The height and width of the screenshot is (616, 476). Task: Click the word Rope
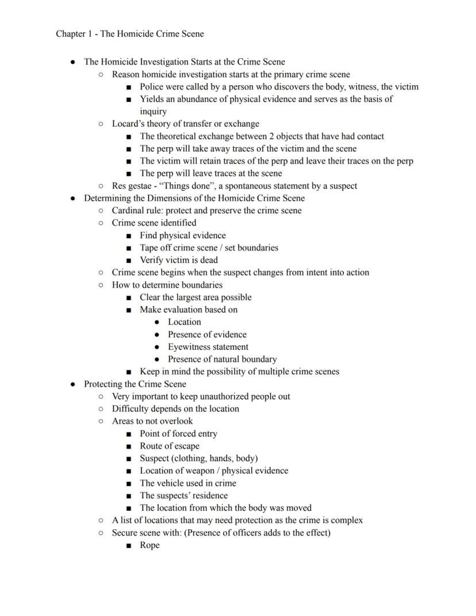point(149,545)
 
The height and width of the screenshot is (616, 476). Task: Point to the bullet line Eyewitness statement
point(208,347)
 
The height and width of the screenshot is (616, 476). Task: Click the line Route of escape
point(170,446)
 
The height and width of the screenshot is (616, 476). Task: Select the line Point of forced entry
point(178,434)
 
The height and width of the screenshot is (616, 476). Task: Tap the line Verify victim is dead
point(179,260)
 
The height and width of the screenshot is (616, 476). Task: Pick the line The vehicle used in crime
point(188,483)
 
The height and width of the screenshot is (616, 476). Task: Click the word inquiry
point(153,112)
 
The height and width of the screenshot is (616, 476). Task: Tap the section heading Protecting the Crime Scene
point(135,384)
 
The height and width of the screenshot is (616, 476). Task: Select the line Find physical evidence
point(183,235)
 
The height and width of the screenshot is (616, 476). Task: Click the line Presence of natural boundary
point(222,359)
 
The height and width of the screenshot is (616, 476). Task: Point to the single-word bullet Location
point(184,322)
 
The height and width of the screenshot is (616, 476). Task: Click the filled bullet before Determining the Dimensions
point(73,198)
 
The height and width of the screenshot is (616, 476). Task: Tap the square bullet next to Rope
point(129,545)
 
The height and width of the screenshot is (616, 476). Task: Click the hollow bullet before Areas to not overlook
point(101,421)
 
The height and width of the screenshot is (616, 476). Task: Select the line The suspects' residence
point(183,495)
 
